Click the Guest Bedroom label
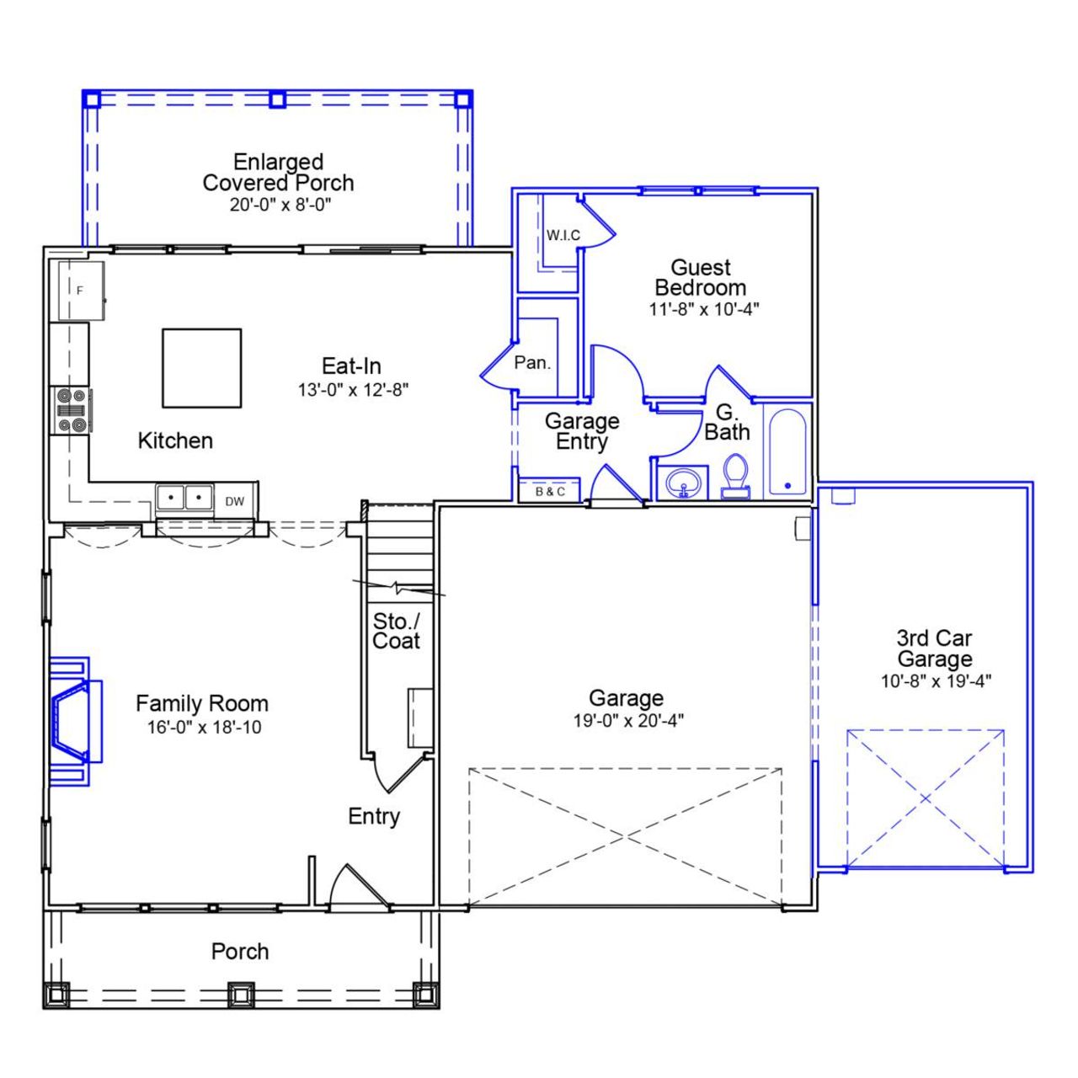700,278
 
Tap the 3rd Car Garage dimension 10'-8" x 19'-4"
936,681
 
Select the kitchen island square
202,368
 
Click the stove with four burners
70,410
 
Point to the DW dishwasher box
235,501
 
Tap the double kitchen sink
184,498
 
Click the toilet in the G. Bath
736,476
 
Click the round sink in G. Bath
683,483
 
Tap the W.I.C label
563,235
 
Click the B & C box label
550,491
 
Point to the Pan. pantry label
532,363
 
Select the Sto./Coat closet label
396,631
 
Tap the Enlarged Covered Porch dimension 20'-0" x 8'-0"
280,205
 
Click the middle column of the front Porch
240,994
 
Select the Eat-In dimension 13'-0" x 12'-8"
352,390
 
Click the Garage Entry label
582,430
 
